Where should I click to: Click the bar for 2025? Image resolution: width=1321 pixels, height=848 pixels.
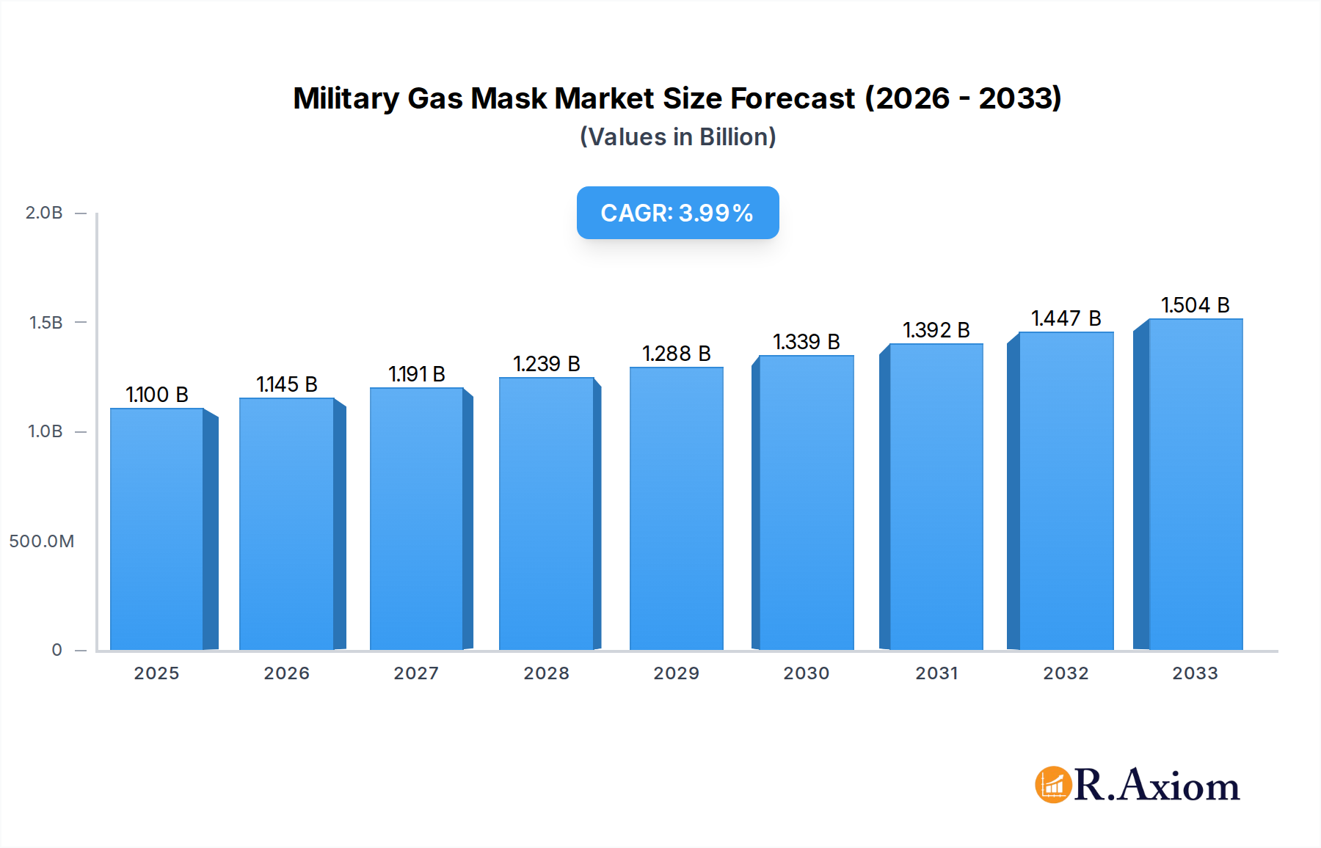[x=157, y=528]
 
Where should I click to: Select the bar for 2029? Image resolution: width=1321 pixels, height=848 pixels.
[x=676, y=508]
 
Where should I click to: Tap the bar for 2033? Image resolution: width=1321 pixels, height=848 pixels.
[x=1196, y=484]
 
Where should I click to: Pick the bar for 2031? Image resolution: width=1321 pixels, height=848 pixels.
[x=936, y=497]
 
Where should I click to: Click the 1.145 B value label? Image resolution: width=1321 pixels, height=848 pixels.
[x=287, y=384]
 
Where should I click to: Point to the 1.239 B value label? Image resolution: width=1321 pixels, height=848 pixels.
[x=547, y=364]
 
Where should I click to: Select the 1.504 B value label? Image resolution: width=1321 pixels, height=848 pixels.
[x=1195, y=305]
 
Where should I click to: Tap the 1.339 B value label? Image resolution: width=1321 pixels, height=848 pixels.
[x=806, y=342]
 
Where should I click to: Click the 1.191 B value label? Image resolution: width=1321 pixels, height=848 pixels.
[x=417, y=374]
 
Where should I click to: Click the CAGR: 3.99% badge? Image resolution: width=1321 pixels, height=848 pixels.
[x=677, y=213]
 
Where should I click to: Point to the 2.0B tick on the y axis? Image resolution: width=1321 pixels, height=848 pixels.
[x=44, y=213]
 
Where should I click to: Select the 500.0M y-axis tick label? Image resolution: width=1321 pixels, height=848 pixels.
[x=42, y=541]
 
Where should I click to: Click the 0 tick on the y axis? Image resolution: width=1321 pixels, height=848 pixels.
[x=57, y=650]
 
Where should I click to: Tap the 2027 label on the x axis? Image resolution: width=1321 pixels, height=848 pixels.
[x=416, y=673]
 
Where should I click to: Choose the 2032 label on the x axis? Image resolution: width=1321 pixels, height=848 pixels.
[x=1066, y=673]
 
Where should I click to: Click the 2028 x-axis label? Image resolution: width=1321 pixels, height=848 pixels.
[x=546, y=673]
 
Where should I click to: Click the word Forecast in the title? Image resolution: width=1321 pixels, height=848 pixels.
[x=793, y=98]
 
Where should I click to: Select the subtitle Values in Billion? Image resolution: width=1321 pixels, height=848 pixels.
[x=677, y=137]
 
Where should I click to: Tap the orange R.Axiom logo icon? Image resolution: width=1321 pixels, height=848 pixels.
[x=1053, y=785]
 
